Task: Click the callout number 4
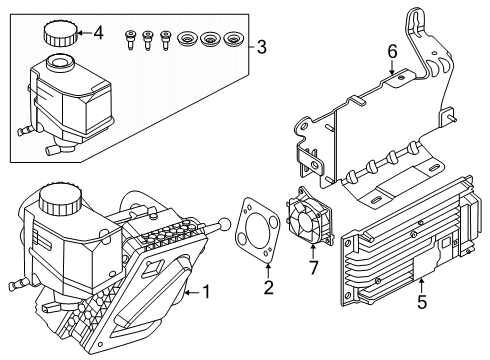tap(98, 33)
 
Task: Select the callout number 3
tap(262, 47)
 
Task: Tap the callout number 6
tap(392, 52)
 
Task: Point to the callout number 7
tap(313, 268)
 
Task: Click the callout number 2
tap(268, 288)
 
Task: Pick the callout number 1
tap(207, 292)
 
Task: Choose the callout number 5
tap(422, 302)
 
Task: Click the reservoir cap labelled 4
tap(60, 33)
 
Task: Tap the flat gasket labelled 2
tap(257, 230)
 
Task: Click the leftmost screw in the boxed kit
tap(130, 39)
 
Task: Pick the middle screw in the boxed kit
tap(147, 40)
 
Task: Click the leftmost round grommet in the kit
tap(187, 40)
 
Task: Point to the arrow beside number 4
tap(84, 33)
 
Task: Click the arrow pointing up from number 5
tap(422, 286)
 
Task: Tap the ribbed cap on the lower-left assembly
tap(60, 199)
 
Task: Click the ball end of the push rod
tap(224, 224)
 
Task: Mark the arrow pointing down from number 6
tap(392, 67)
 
